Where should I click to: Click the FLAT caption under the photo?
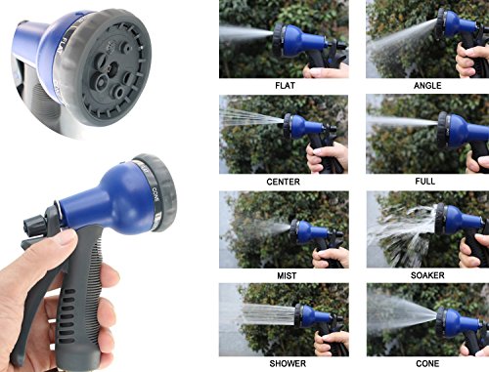click(x=285, y=86)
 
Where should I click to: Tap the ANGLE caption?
click(x=427, y=86)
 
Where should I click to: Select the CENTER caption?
click(x=283, y=182)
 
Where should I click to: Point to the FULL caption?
click(x=425, y=181)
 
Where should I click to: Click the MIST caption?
click(x=287, y=276)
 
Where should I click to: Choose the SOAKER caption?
click(x=427, y=275)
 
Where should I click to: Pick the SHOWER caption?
click(x=288, y=363)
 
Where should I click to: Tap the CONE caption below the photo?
click(x=427, y=363)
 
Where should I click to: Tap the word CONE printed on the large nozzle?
click(x=156, y=194)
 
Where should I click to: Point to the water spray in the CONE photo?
click(x=402, y=312)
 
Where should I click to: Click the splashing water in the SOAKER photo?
click(x=403, y=234)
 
